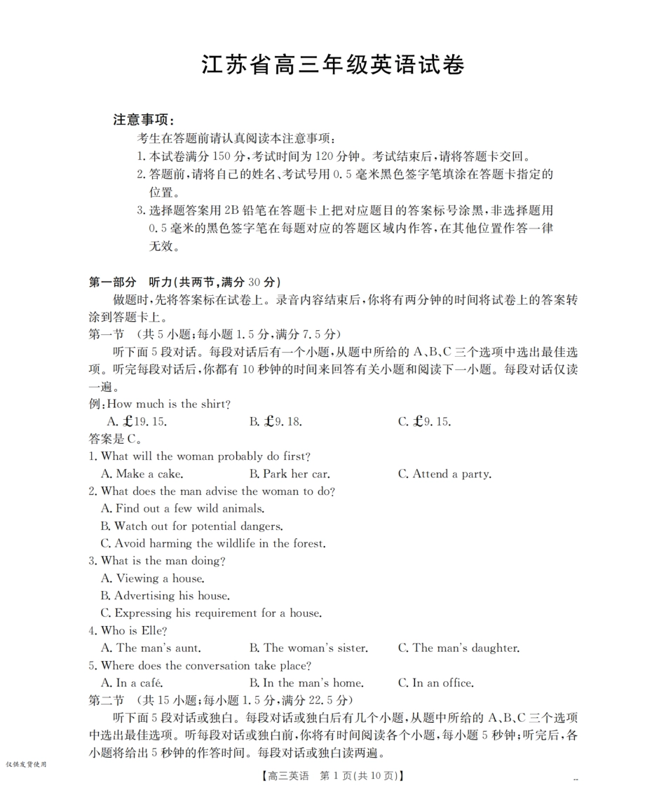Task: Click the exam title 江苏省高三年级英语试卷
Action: point(332,65)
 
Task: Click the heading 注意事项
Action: point(144,120)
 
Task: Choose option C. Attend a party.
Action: point(444,474)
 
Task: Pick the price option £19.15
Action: point(137,422)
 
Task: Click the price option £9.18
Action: point(276,422)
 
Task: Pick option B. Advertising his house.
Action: point(165,596)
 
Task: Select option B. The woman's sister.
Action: point(308,648)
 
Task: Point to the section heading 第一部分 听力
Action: point(184,282)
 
